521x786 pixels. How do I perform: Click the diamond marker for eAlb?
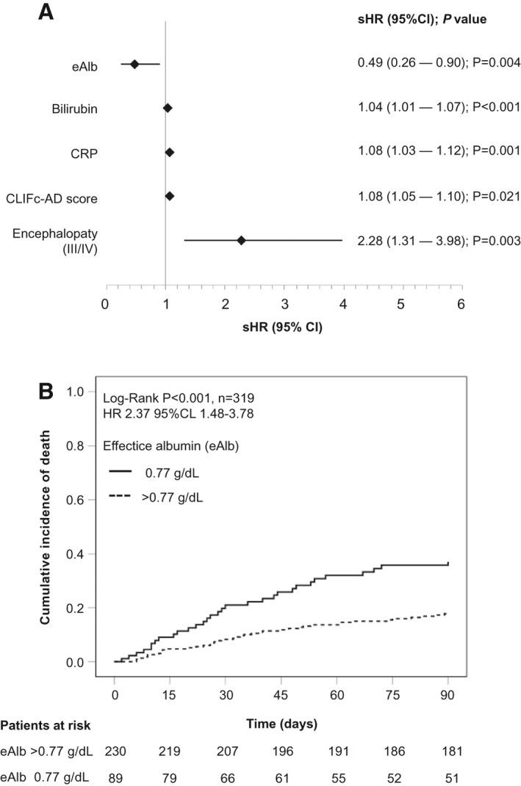point(134,65)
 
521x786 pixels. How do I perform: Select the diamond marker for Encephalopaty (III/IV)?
point(241,240)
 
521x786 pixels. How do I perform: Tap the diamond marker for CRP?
point(170,152)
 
